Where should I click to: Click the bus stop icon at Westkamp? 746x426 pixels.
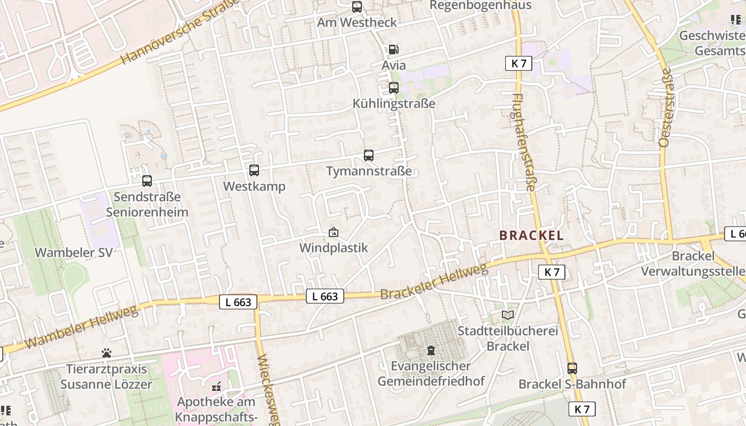coord(254,170)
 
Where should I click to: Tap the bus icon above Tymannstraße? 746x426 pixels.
coord(368,155)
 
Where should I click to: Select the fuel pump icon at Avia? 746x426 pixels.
coord(393,50)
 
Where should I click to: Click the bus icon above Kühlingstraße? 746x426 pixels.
coord(394,88)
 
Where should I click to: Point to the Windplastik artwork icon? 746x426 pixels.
coord(334,232)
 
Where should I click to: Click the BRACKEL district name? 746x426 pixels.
coord(531,235)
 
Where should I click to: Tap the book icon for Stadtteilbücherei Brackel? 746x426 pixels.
coord(508,315)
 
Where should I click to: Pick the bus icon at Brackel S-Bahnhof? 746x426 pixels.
coord(572,368)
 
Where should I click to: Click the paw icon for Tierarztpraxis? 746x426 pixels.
coord(107,353)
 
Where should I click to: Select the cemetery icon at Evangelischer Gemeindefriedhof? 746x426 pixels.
coord(431,350)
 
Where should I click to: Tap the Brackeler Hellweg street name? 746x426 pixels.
coord(434,281)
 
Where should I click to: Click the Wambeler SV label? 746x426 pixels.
coord(74,252)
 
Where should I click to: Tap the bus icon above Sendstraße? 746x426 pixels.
coord(147,181)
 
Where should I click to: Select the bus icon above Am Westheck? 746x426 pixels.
coord(357,7)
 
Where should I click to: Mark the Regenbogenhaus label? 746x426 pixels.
coord(480,5)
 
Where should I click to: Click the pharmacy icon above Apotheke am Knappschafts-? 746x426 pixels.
coord(216,386)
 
